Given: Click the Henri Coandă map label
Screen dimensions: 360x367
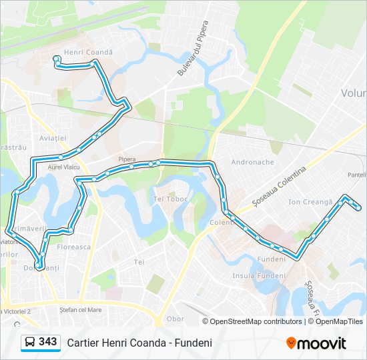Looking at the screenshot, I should pos(88,52).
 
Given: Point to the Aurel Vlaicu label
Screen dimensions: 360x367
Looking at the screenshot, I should pos(55,170).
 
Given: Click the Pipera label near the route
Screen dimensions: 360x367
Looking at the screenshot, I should pos(127,159).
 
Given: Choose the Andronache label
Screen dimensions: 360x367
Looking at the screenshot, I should pos(252,162).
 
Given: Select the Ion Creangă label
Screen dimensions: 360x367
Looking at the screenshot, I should pos(310,202).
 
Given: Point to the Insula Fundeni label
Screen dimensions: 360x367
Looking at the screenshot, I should pos(259,275).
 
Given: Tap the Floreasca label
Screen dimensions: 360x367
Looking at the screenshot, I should pos(74,247).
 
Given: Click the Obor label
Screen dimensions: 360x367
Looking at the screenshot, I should pos(175,319).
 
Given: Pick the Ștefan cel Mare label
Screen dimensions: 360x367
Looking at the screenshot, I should pos(80,309).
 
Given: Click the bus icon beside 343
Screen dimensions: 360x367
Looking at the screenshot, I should pos(30,343).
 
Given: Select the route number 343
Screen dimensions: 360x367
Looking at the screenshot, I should pos(48,342).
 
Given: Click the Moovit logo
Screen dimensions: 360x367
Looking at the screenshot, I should pos(316,343).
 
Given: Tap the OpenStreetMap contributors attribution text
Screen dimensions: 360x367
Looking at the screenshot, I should pos(256,321).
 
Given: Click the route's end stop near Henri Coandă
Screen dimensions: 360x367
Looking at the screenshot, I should pos(56,59).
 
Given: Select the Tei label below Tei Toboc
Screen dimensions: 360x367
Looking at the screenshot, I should pos(139,262).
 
